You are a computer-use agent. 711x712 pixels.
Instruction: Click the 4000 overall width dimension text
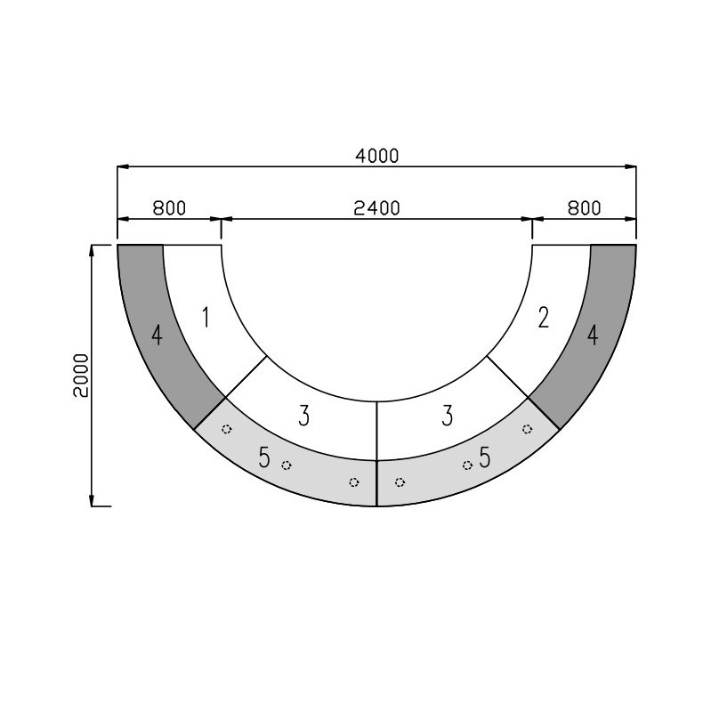point(376,156)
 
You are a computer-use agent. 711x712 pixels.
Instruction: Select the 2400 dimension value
point(376,208)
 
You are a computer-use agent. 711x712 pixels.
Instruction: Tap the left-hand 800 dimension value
point(169,208)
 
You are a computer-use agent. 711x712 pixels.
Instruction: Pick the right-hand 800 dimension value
point(584,208)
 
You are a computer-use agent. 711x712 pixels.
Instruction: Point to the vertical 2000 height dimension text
point(81,376)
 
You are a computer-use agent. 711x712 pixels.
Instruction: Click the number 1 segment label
point(206,317)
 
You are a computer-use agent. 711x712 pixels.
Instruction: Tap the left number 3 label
point(303,417)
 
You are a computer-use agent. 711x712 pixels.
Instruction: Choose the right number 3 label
point(448,417)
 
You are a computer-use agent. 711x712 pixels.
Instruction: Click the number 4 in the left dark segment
point(157,336)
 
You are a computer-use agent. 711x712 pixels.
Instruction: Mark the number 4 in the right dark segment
point(593,336)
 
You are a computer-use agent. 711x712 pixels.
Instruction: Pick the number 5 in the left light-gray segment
point(264,458)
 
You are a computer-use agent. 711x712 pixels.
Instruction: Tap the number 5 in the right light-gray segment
point(485,458)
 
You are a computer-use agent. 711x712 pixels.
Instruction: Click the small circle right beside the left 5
point(286,465)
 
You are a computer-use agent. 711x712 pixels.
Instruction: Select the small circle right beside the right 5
point(467,465)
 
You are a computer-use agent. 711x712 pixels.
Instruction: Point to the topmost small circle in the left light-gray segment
point(226,428)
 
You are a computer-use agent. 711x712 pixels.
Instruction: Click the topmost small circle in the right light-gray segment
point(527,428)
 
